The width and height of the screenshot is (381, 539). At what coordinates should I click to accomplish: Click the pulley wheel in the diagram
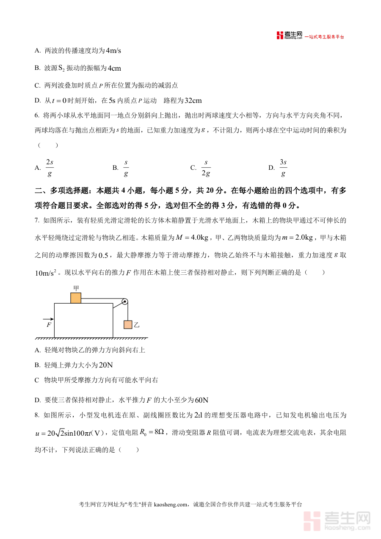124,302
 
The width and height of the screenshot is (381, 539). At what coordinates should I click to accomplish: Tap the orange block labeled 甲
76,298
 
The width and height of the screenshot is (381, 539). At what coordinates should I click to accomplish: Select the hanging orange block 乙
128,325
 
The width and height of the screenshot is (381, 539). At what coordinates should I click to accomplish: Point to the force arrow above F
48,318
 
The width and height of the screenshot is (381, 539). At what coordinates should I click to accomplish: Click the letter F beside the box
49,325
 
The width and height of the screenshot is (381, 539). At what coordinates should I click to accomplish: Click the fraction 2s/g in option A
50,168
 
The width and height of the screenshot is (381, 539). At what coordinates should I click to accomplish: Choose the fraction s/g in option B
126,168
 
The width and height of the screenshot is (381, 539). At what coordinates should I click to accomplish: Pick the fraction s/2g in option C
206,168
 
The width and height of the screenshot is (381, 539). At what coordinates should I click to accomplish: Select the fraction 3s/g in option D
283,168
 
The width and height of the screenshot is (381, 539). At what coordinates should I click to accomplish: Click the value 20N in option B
105,365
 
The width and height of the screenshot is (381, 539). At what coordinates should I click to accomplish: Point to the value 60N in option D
202,400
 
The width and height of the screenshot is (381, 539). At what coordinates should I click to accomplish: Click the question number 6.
37,115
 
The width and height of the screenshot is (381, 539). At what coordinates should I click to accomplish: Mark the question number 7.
37,220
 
